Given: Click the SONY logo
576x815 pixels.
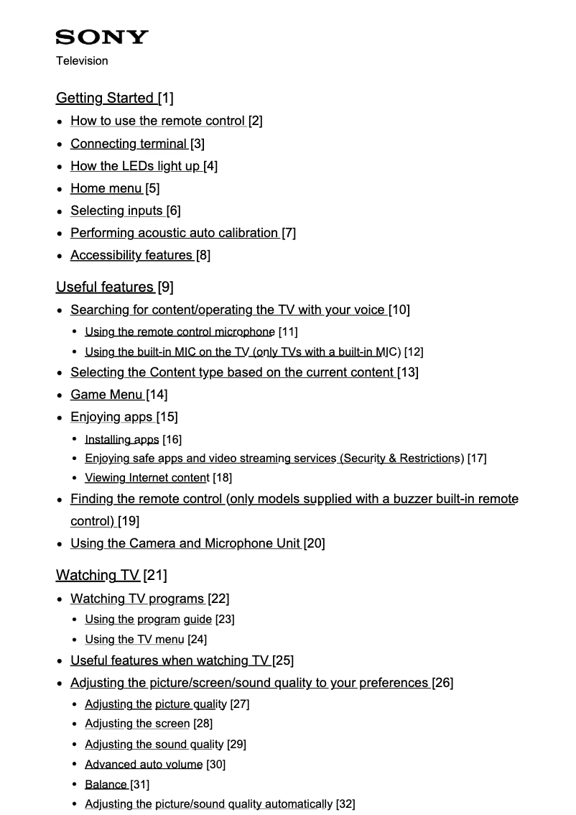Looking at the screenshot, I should (x=102, y=37).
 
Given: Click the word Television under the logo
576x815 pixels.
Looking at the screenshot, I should (x=82, y=61).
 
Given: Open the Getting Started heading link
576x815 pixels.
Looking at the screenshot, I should (x=105, y=98).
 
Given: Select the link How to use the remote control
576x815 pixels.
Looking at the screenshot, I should (x=157, y=121).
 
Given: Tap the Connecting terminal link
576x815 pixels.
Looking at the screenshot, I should (x=129, y=144).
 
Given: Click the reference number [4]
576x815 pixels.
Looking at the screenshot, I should (x=210, y=166).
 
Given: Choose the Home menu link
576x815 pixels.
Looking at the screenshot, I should (x=106, y=188).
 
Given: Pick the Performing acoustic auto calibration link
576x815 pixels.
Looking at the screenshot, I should (x=174, y=233).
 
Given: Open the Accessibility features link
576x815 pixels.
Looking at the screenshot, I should (x=131, y=255).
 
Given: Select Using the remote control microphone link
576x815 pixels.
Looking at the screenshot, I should (x=180, y=331).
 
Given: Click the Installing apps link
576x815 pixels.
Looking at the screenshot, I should (x=121, y=439).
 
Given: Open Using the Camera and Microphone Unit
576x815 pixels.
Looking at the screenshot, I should (x=185, y=543).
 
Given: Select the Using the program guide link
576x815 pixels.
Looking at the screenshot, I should (x=148, y=619).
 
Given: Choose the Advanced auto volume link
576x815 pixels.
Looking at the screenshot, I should (x=144, y=764).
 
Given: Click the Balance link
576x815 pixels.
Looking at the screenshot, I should (x=106, y=784).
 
